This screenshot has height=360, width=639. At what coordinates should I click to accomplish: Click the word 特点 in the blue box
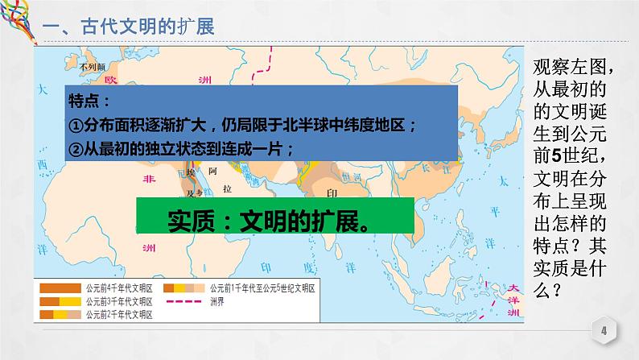point(86,102)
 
